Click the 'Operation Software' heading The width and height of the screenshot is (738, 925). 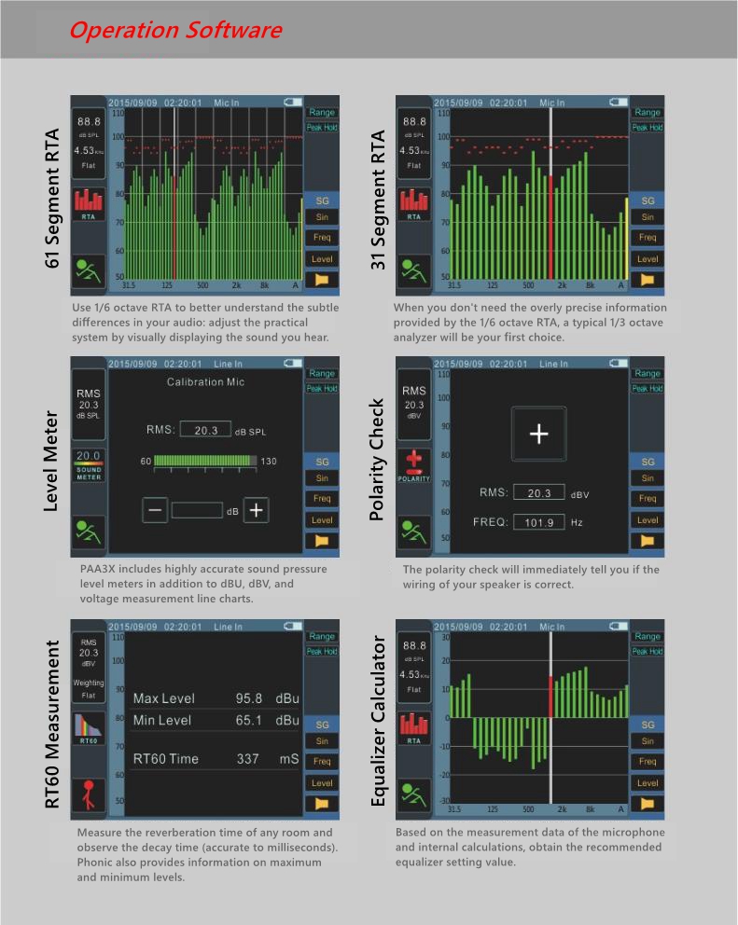click(x=175, y=30)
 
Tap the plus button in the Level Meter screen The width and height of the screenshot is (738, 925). click(x=258, y=510)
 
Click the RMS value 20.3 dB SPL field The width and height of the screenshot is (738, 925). click(x=205, y=430)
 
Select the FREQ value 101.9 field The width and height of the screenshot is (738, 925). click(x=539, y=522)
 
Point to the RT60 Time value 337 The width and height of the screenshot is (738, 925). click(x=247, y=759)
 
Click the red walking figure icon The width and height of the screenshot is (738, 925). click(x=89, y=792)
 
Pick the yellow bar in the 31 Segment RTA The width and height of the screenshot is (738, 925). click(x=626, y=237)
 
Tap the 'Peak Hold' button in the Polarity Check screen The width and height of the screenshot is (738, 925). click(x=647, y=389)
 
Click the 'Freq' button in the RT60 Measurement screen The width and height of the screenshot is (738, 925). click(x=322, y=762)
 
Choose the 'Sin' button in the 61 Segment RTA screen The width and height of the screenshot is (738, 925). click(x=322, y=217)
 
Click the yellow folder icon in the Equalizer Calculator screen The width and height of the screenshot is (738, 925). click(x=647, y=803)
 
